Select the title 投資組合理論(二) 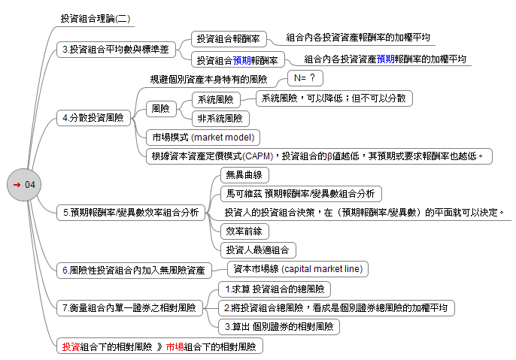point(95,18)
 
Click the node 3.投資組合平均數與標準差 point(116,49)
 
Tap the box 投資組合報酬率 point(228,38)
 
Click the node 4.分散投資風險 point(94,117)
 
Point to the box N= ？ point(305,77)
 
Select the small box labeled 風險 point(160,108)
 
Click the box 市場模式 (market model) point(203,138)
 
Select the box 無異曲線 point(244,175)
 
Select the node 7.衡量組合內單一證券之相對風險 point(129,307)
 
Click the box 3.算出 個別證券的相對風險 point(279,327)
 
